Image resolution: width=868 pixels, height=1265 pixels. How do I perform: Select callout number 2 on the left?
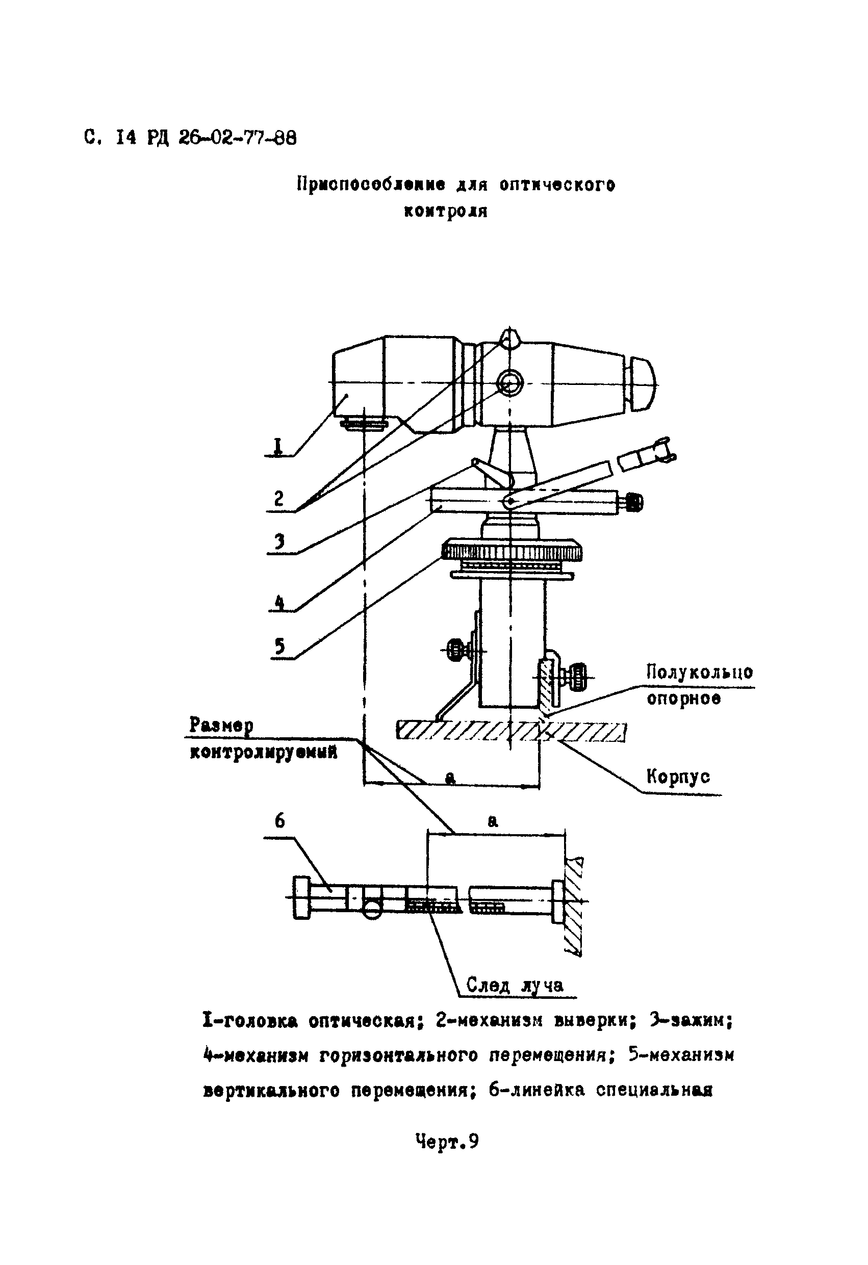279,498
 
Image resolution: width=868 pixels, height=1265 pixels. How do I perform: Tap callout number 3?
280,541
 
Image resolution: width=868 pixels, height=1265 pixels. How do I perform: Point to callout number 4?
279,603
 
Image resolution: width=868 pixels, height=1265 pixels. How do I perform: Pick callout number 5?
280,646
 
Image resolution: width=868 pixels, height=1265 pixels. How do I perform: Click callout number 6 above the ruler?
279,820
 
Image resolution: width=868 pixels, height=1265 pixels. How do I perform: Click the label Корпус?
678,776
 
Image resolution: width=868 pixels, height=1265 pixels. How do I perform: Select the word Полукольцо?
699,672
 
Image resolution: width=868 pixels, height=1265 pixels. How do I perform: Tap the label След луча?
515,985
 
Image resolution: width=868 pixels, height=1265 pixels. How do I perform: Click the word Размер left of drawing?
221,726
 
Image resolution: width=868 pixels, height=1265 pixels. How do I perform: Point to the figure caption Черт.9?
447,1141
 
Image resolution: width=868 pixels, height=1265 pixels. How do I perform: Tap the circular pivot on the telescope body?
509,382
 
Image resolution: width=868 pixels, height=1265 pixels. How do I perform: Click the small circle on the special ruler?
372,909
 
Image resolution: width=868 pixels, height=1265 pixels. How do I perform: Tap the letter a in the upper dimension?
450,779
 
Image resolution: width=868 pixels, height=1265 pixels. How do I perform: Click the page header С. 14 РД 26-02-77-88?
191,138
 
